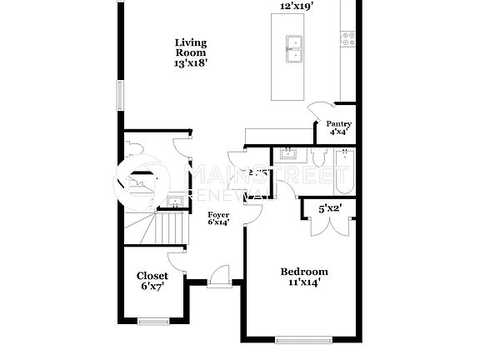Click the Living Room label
pos(191,47)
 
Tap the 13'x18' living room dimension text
pos(191,62)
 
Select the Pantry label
pos(338,124)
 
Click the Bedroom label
pos(304,272)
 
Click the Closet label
pos(152,276)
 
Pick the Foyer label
pos(218,215)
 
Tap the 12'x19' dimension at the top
pos(297,5)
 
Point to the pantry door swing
pos(319,112)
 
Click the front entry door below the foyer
pos(220,276)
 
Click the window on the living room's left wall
pos(120,96)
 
